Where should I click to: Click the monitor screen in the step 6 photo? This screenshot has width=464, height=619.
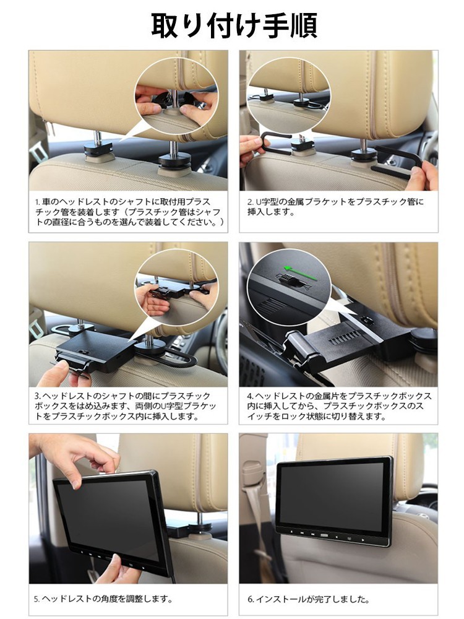[x=333, y=495]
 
